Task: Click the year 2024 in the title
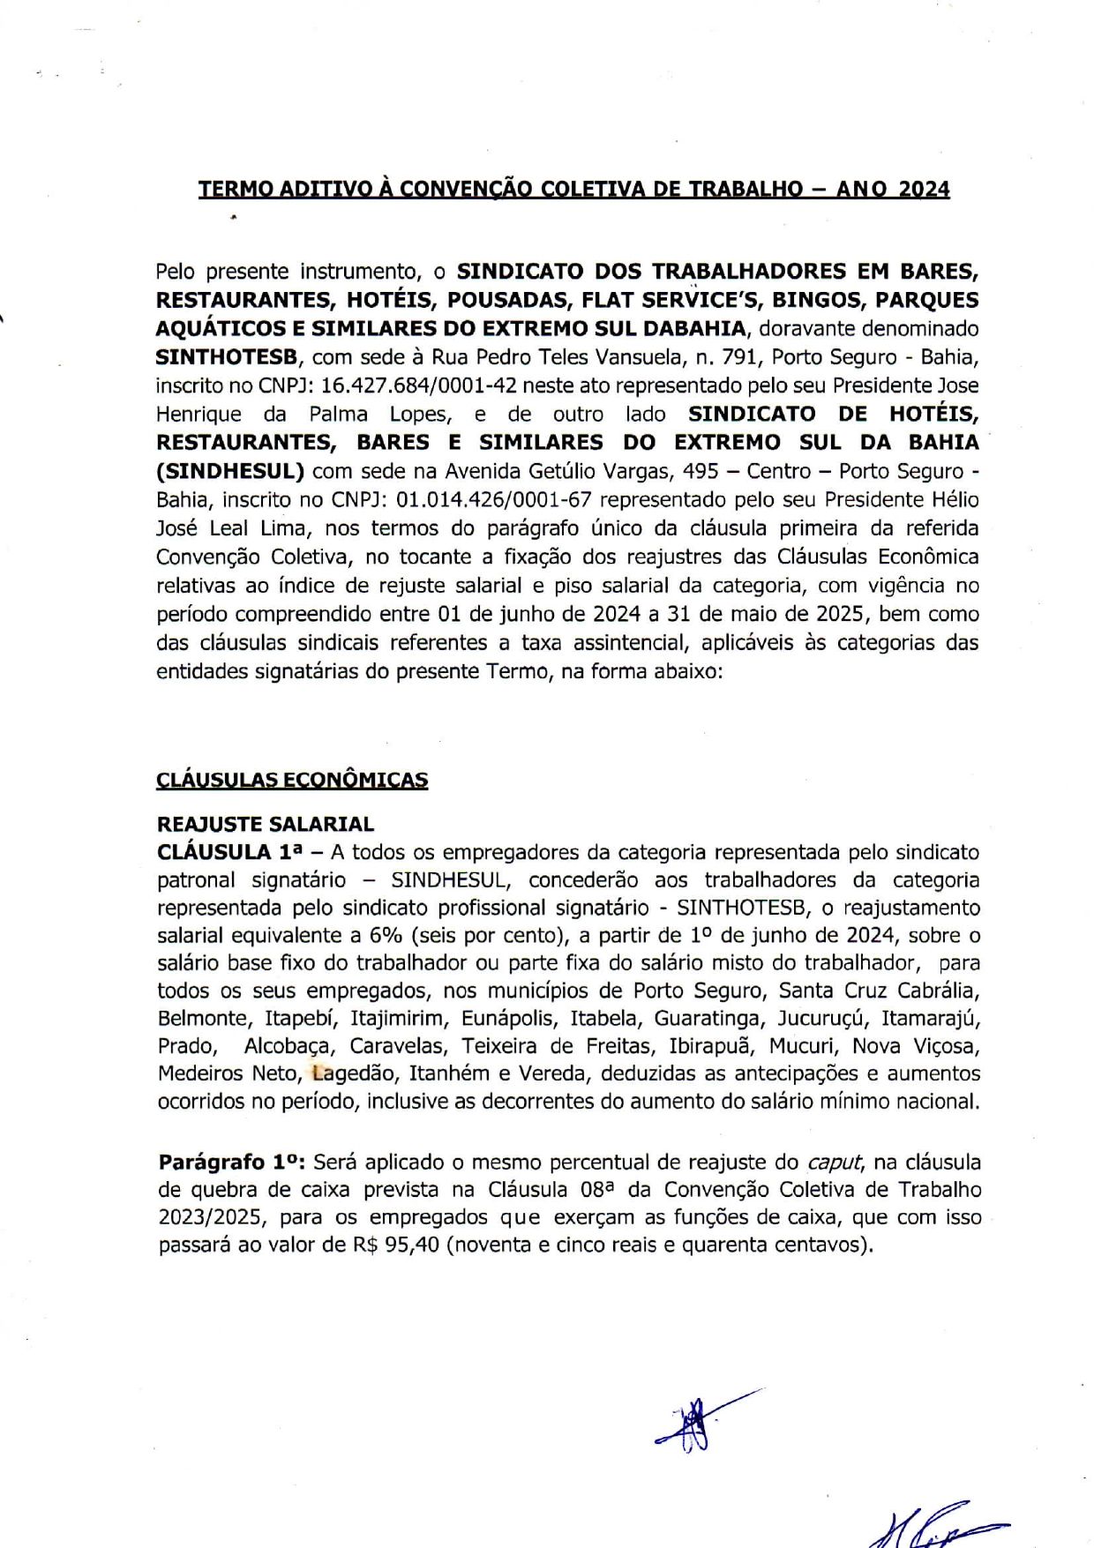click(924, 189)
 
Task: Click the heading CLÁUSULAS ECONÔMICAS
click(292, 781)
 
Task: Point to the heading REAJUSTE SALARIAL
click(266, 825)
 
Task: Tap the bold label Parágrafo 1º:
click(231, 1163)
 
